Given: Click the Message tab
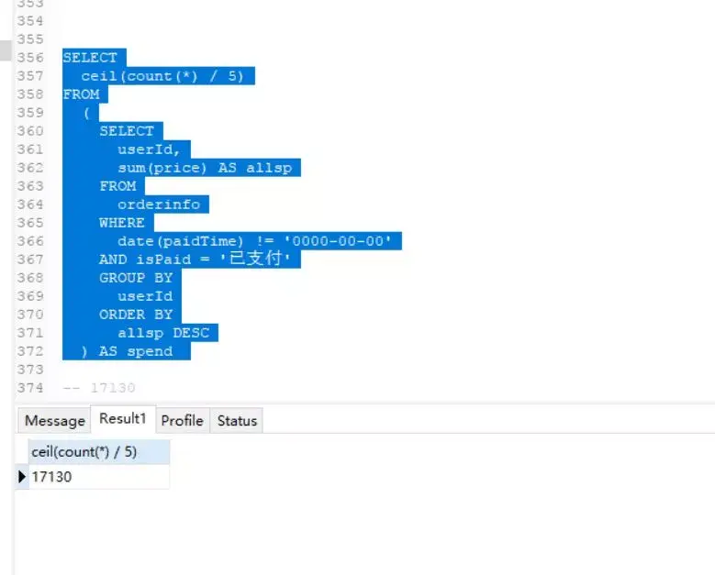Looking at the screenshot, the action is click(x=54, y=421).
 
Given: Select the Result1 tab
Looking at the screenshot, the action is click(x=123, y=419).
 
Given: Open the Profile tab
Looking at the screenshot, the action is click(x=182, y=421).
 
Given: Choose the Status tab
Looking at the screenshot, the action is click(x=237, y=421).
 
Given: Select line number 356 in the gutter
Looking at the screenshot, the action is click(x=30, y=58).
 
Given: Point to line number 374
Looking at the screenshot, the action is click(x=30, y=388).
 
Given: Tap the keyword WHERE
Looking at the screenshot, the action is click(x=122, y=223).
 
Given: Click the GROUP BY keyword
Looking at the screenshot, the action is click(x=136, y=278).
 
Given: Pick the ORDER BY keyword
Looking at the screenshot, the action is click(x=136, y=315).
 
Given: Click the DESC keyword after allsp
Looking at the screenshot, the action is click(x=191, y=333).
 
